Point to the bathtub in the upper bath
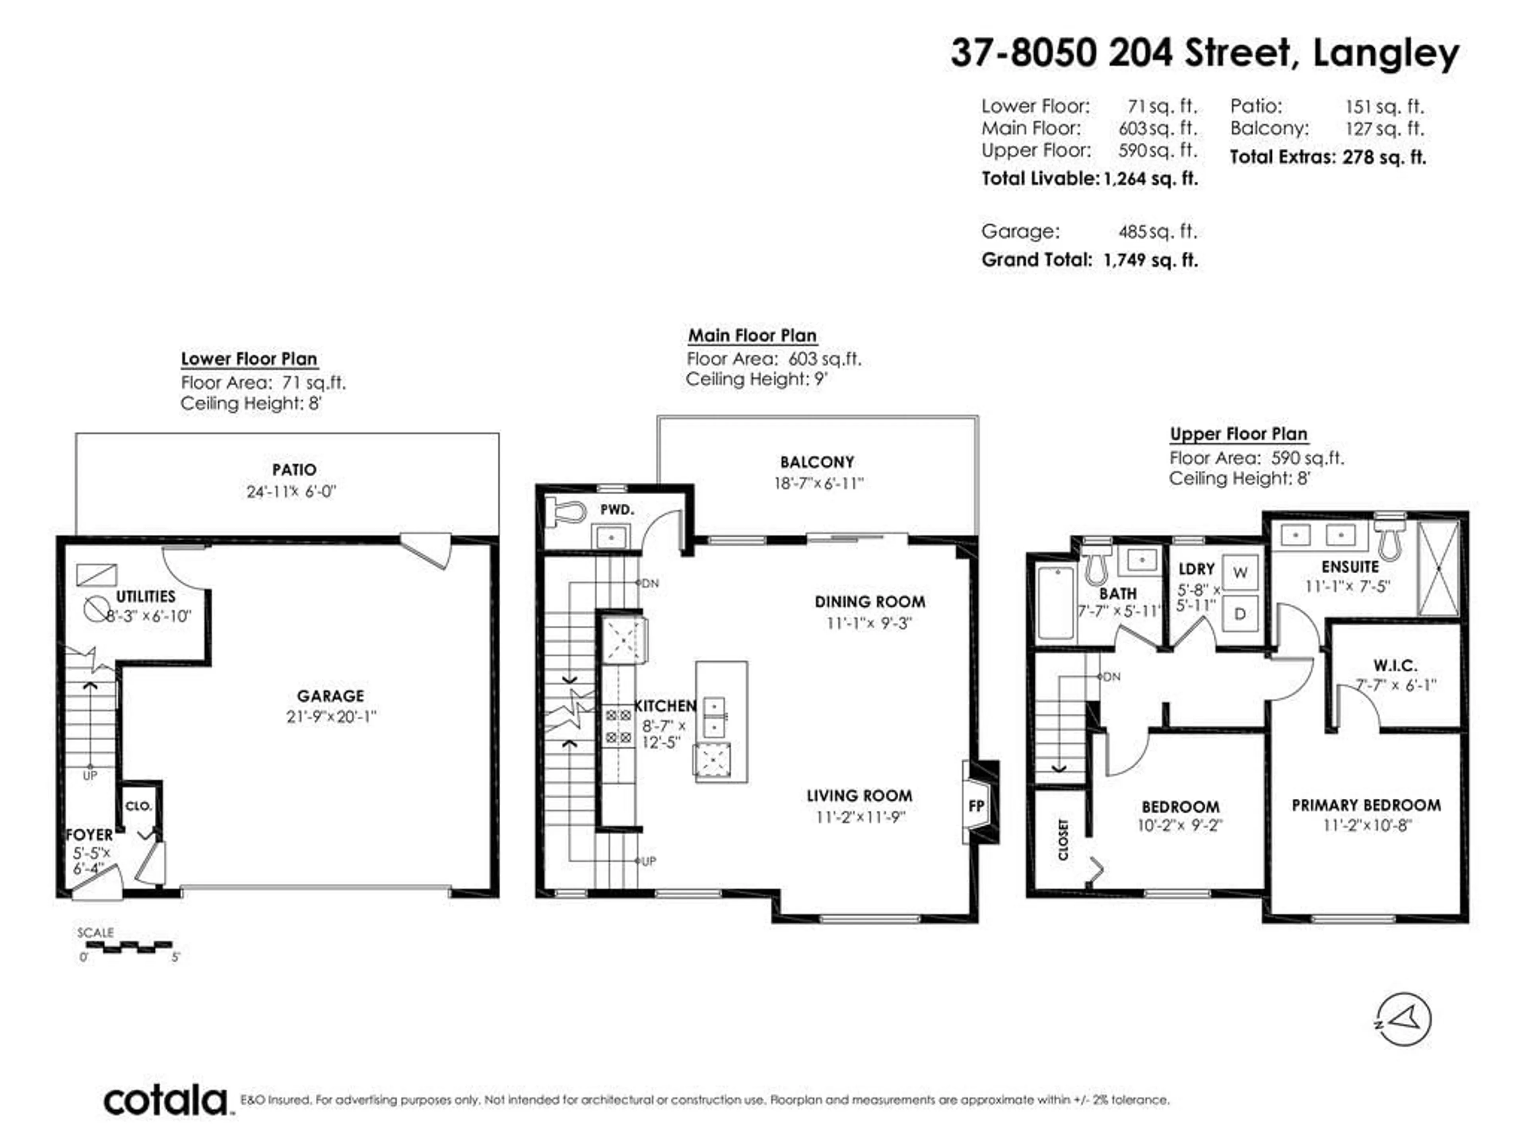pyautogui.click(x=1055, y=602)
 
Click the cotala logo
pyautogui.click(x=166, y=1100)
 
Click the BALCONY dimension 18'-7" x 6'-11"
pyautogui.click(x=818, y=483)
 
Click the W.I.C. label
pyautogui.click(x=1395, y=665)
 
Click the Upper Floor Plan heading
pyautogui.click(x=1238, y=434)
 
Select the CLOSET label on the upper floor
pyautogui.click(x=1063, y=839)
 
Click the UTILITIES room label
pyautogui.click(x=145, y=596)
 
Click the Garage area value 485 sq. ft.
pyautogui.click(x=1158, y=231)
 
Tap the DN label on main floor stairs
pyautogui.click(x=650, y=583)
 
